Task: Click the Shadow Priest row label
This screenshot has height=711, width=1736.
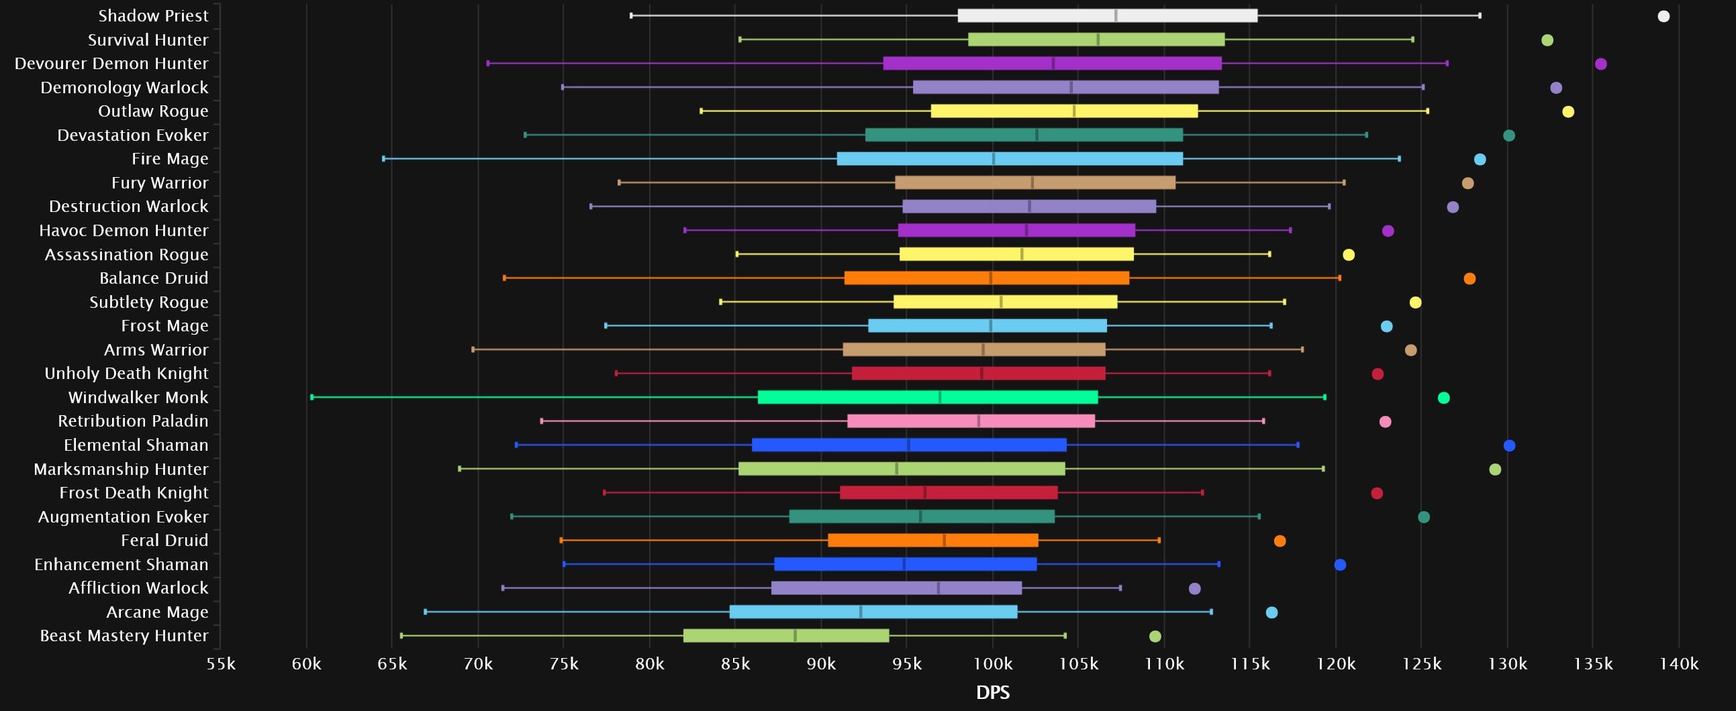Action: click(x=153, y=15)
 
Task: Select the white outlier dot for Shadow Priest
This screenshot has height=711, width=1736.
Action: click(x=1663, y=16)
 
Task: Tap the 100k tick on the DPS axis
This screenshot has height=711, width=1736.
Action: click(x=993, y=664)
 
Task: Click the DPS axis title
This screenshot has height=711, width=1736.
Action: click(x=993, y=692)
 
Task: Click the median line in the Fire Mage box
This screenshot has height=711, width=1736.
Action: click(x=994, y=159)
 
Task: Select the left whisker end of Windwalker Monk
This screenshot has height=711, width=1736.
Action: click(x=312, y=397)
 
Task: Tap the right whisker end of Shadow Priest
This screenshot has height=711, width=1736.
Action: click(x=1480, y=15)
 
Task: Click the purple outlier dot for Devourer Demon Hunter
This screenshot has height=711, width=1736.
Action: click(x=1600, y=64)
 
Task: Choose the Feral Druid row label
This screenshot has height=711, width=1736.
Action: click(x=164, y=540)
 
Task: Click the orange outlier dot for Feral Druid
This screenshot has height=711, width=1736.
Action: click(x=1280, y=541)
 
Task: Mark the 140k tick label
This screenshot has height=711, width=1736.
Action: click(x=1679, y=664)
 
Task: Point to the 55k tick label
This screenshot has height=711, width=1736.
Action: click(x=221, y=664)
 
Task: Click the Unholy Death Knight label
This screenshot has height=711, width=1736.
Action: click(x=126, y=373)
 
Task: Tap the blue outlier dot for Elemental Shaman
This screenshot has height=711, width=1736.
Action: click(x=1509, y=445)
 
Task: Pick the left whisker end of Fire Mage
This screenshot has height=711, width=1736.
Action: click(x=383, y=159)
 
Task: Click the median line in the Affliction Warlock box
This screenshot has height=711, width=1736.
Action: click(x=938, y=588)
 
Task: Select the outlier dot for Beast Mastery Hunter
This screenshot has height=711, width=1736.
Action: click(x=1155, y=637)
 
